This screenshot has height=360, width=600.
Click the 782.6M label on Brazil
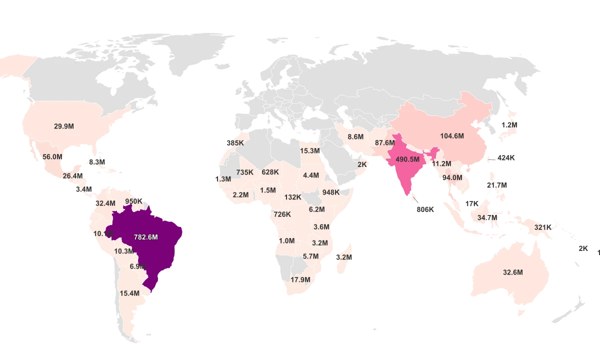145,237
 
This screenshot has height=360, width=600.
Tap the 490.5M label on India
407,159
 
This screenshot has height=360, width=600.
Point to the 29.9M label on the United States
64,126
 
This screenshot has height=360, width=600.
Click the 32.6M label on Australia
512,272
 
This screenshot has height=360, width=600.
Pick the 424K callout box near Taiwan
506,158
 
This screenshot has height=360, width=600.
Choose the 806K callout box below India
425,209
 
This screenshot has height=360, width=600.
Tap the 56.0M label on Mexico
52,156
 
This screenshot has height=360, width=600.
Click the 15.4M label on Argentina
129,293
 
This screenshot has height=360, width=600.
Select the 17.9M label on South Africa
300,280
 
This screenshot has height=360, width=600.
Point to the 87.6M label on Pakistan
385,143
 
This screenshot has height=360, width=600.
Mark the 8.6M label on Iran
355,137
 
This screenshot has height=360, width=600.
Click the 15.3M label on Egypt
310,151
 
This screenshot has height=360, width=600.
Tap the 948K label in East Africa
331,192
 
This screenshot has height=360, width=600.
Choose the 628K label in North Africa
270,172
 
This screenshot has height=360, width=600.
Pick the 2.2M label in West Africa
240,195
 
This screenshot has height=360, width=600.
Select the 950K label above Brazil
134,201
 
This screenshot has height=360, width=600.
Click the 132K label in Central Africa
292,197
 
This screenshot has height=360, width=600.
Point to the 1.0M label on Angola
286,241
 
